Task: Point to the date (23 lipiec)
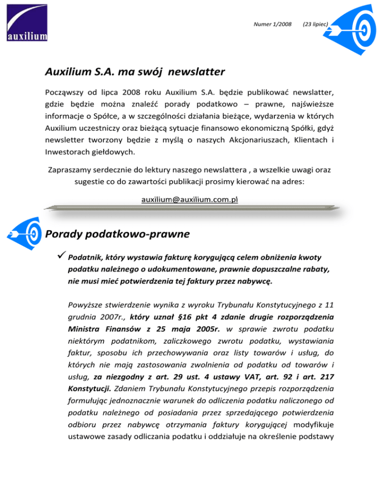(316, 24)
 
